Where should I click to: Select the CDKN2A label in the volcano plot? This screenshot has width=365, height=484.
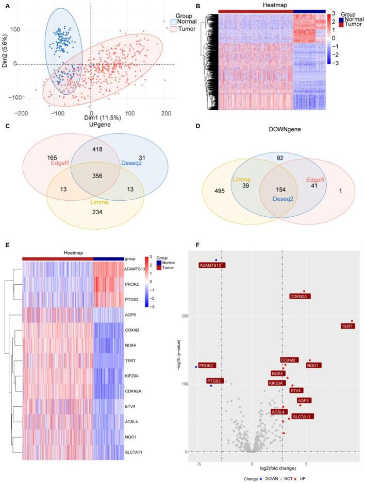pos(300,296)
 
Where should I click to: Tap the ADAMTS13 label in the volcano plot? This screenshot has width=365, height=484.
pos(210,265)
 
